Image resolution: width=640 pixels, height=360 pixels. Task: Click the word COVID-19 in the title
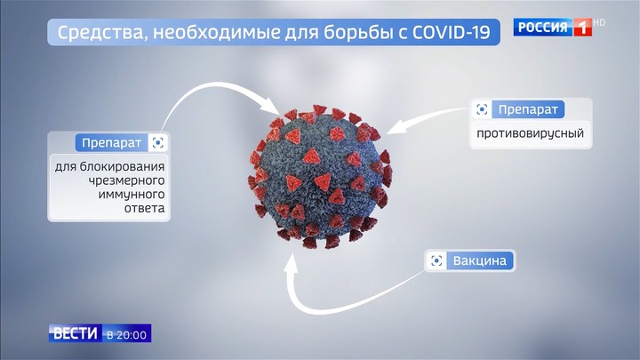click(x=451, y=32)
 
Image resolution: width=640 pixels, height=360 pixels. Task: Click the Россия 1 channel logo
click(x=553, y=28)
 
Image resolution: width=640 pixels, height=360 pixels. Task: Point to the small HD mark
click(x=599, y=23)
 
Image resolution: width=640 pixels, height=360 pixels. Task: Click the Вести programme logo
click(x=76, y=333)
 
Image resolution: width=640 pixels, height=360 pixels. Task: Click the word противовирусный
click(x=530, y=133)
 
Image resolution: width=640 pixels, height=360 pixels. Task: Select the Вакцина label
click(x=480, y=260)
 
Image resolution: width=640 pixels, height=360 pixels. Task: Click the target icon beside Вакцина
click(x=436, y=260)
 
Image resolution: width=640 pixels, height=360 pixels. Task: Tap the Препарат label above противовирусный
click(x=528, y=109)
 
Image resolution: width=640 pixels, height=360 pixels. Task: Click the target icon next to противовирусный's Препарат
click(x=482, y=109)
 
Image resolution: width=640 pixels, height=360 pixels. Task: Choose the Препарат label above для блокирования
click(x=111, y=143)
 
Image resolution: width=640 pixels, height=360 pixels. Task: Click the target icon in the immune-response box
click(x=158, y=143)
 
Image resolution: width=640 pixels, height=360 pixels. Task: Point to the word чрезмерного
click(x=126, y=180)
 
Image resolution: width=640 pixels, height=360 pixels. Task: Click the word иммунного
click(x=132, y=195)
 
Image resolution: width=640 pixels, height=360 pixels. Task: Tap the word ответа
click(x=145, y=208)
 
